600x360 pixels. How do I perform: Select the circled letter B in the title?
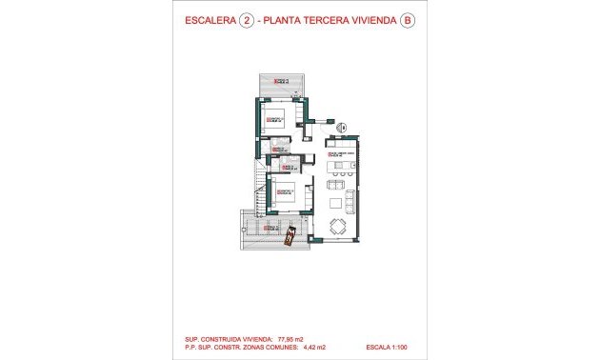408,19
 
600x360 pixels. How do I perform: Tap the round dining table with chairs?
339,227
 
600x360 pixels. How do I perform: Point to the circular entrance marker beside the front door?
344,128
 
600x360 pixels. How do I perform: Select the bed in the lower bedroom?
291,194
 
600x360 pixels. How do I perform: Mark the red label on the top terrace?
280,81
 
